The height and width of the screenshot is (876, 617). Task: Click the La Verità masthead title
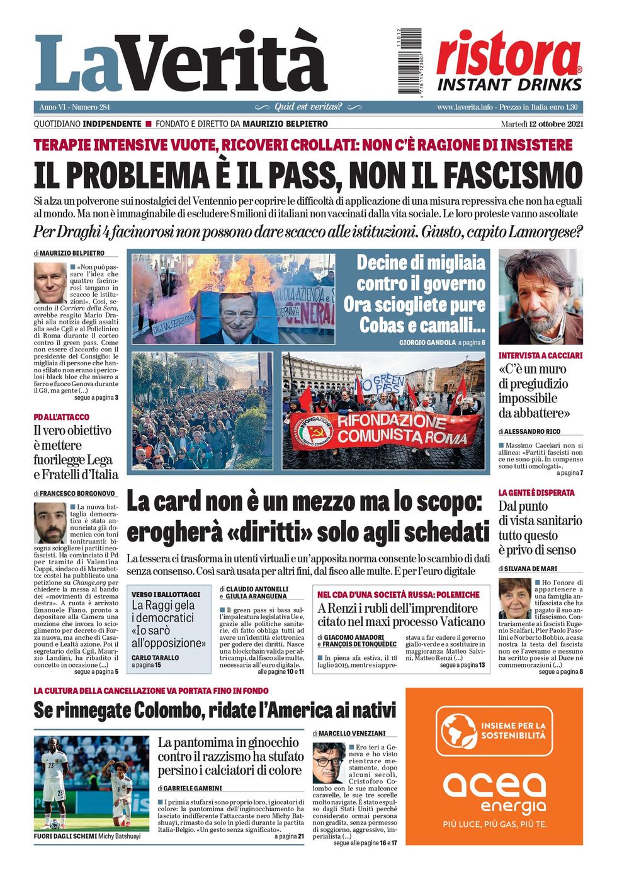pos(181,63)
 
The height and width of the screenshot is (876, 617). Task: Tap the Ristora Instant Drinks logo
pos(509,62)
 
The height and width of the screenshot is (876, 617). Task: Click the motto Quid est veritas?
pos(308,107)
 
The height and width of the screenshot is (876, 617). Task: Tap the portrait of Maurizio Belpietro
pos(50,283)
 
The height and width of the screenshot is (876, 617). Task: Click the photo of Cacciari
pos(540,297)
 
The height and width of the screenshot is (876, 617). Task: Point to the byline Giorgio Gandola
pos(427,343)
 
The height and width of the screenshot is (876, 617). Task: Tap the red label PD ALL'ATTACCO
pos(62,417)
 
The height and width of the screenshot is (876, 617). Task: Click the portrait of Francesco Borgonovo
pos(50,522)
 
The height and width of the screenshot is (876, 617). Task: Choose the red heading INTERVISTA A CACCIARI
pos(540,356)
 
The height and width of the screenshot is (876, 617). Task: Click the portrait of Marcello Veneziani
pos(329,763)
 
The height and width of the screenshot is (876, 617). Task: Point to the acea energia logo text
pos(494,793)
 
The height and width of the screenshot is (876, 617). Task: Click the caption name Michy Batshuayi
pos(119,836)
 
